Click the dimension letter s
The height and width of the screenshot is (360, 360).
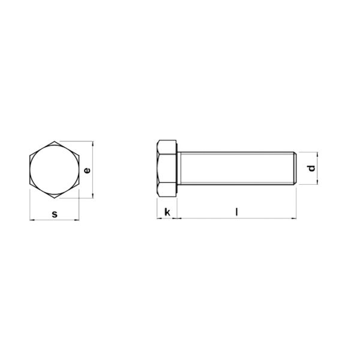55,214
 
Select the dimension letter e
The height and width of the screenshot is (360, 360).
87,170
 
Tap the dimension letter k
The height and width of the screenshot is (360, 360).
167,212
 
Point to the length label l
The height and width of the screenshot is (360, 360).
237,211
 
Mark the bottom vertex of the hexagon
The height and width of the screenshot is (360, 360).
55,198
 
